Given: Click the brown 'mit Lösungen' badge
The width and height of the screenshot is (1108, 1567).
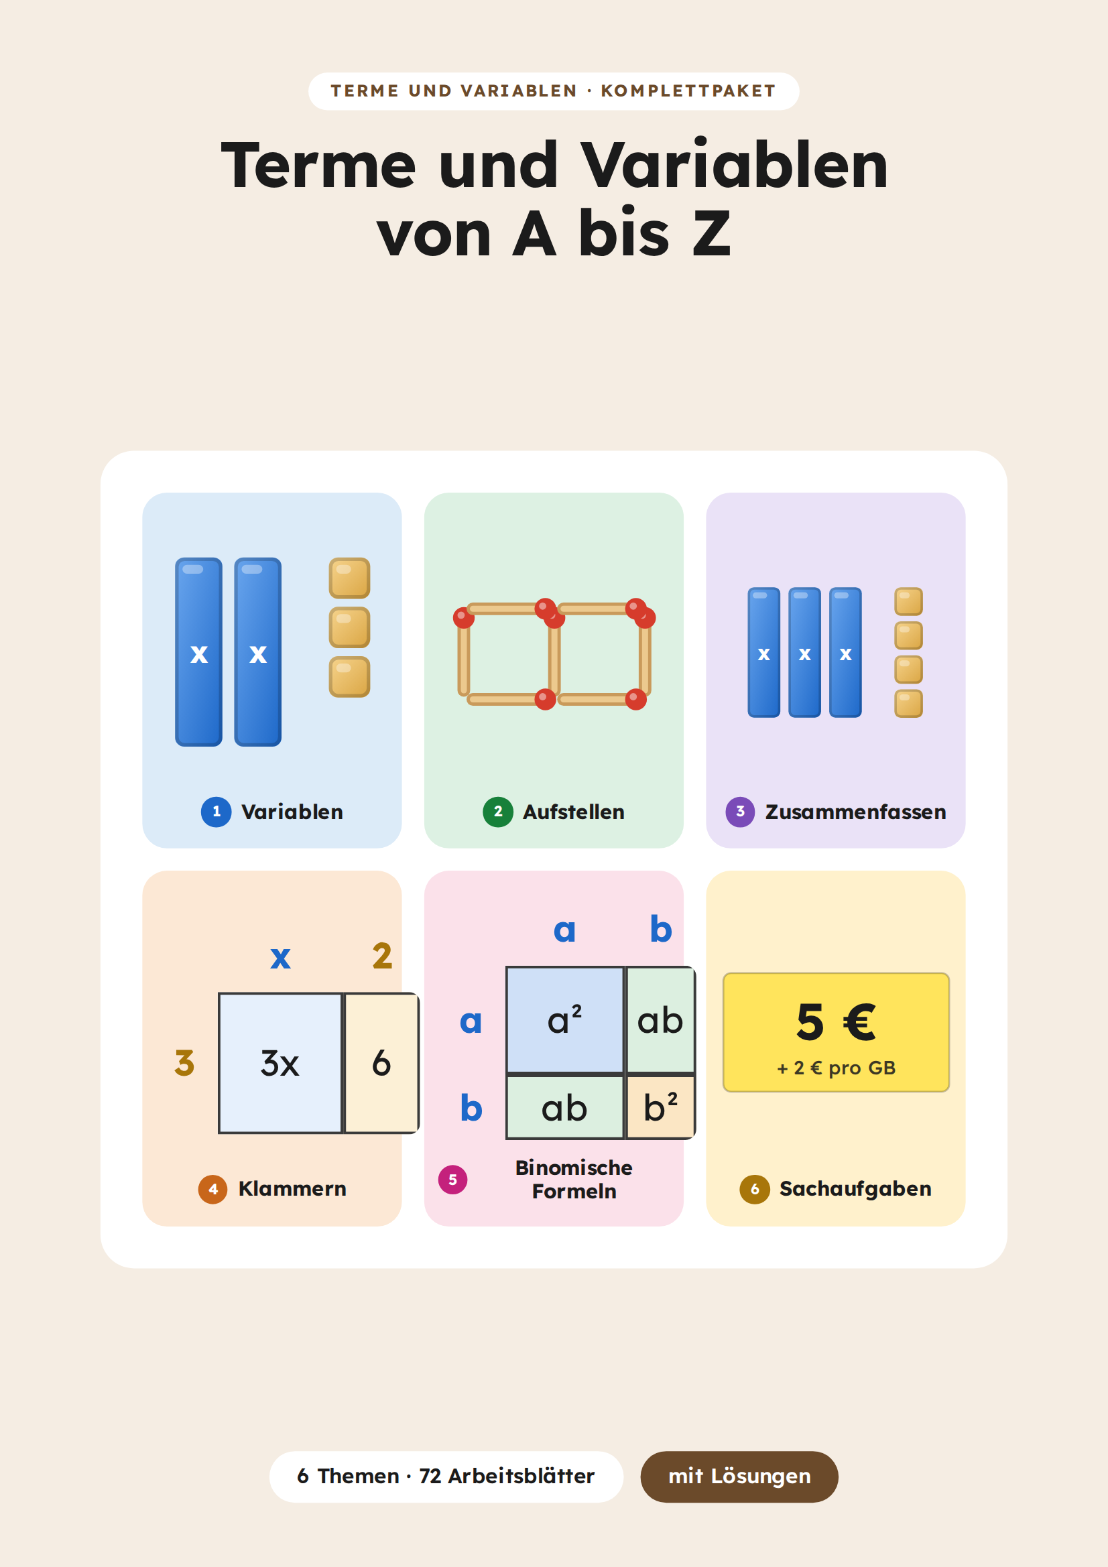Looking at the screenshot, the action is (x=739, y=1477).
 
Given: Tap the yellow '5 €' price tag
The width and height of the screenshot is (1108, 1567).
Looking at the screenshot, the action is (x=836, y=1032).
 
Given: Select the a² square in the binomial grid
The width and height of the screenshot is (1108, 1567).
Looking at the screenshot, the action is (x=564, y=1020).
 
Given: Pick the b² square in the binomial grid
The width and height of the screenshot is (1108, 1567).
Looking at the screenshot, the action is (x=660, y=1107).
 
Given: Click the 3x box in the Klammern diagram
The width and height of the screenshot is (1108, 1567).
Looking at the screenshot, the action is (x=280, y=1062).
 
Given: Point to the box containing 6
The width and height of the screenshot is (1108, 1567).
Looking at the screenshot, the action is (x=381, y=1062).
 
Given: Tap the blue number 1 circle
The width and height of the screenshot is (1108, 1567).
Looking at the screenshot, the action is (x=216, y=812).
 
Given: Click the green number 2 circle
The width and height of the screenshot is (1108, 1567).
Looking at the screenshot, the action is (x=497, y=812).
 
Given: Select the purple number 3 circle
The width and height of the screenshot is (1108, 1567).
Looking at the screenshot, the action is (x=740, y=812).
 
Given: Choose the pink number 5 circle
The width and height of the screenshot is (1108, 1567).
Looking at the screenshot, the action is (x=452, y=1180).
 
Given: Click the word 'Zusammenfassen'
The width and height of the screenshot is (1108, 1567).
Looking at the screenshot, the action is (x=855, y=812).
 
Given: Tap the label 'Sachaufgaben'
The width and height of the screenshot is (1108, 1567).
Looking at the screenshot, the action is (x=855, y=1189).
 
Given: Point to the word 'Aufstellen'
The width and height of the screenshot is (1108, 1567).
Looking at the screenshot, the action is (x=574, y=812).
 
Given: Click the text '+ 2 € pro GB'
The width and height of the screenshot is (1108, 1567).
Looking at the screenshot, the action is (x=837, y=1068).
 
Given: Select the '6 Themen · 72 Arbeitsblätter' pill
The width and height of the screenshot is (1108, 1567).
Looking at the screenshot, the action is (x=446, y=1477).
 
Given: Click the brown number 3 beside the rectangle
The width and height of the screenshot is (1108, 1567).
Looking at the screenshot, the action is (x=184, y=1062).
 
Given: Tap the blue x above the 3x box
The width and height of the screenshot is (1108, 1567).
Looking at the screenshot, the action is (x=281, y=958).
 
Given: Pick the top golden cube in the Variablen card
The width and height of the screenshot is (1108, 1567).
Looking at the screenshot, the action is (x=349, y=578).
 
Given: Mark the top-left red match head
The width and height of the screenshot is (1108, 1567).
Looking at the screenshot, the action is (x=464, y=618).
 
